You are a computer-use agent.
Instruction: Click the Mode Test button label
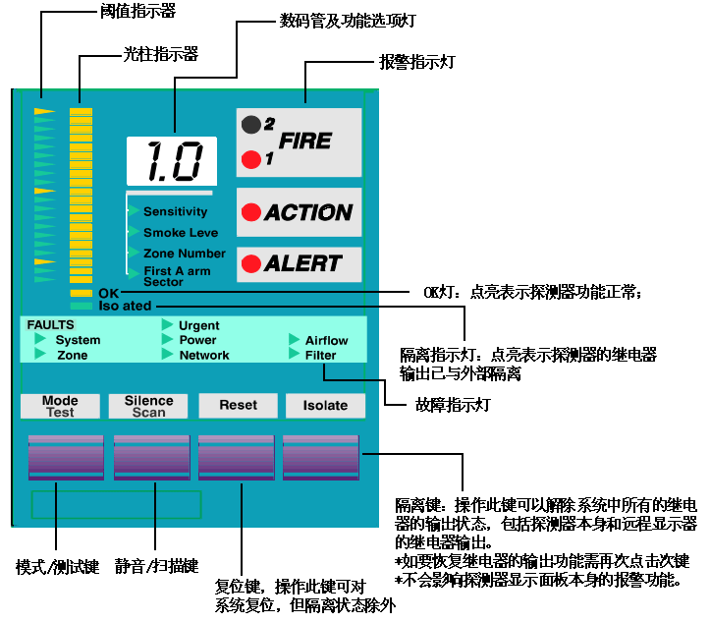click(60, 406)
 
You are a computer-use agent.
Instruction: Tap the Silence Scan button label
click(148, 406)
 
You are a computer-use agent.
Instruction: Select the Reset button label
click(238, 405)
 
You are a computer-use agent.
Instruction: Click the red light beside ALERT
click(251, 263)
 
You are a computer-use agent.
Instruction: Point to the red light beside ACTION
click(251, 211)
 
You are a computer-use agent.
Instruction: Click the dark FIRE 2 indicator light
click(251, 124)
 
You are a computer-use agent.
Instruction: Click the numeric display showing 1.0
click(171, 160)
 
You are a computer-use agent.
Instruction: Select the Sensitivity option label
click(175, 211)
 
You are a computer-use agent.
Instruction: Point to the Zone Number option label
click(184, 254)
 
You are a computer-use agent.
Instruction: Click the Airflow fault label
click(327, 341)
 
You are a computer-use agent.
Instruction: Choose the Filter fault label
click(320, 356)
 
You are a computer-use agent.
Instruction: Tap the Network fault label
click(204, 356)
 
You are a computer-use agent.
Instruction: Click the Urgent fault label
click(199, 325)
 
